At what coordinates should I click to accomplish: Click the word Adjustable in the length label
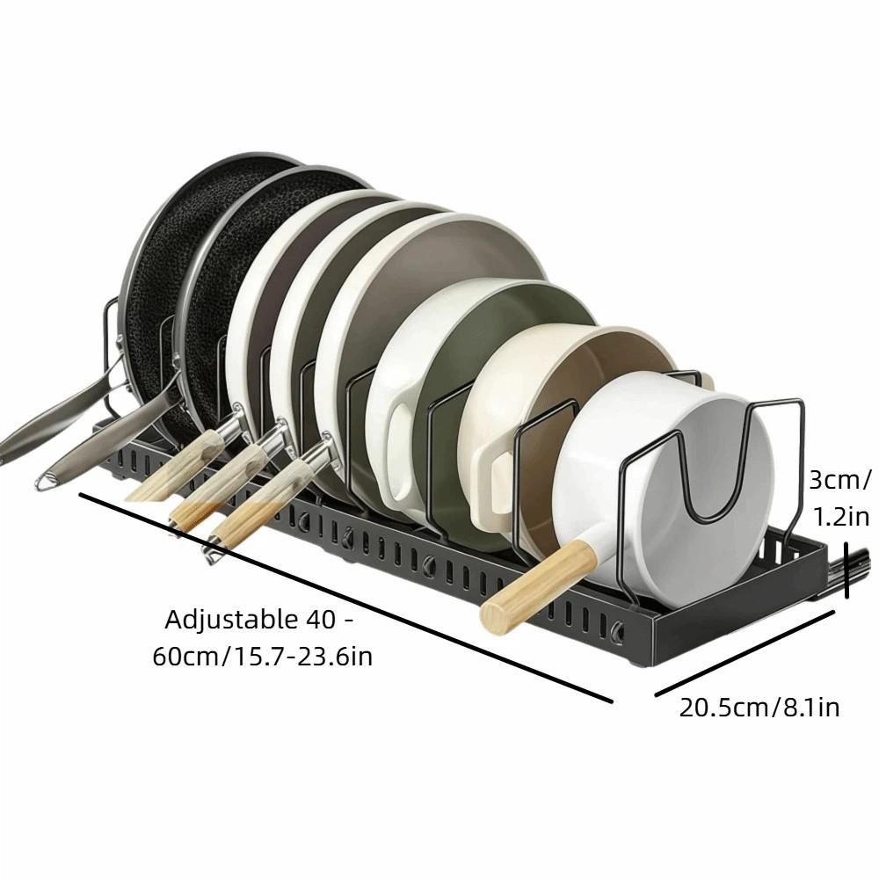pyautogui.click(x=232, y=620)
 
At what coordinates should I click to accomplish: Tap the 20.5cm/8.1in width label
pyautogui.click(x=759, y=707)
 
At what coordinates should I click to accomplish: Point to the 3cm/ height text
pyautogui.click(x=839, y=481)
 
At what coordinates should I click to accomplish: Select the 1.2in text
pyautogui.click(x=841, y=516)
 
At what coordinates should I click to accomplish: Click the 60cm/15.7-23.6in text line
pyautogui.click(x=262, y=656)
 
